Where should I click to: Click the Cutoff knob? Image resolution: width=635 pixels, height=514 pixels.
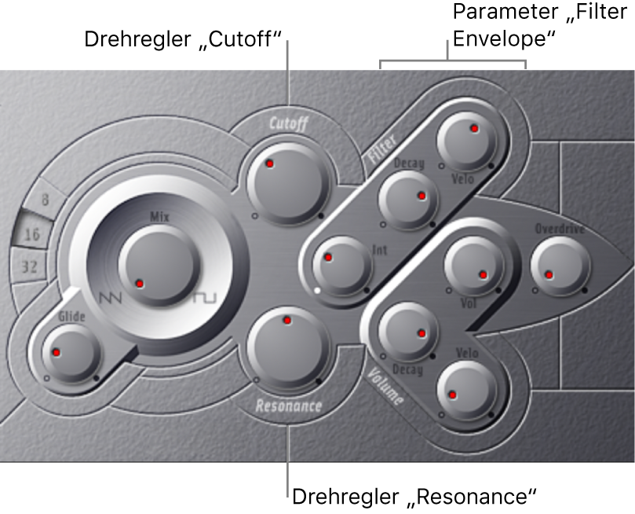pos(286,183)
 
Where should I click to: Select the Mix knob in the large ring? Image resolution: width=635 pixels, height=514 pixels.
pos(159,266)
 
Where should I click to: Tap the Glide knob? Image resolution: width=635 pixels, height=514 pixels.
pos(71,353)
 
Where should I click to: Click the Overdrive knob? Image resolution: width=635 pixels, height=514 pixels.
pos(560,266)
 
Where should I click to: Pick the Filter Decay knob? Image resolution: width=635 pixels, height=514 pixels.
pos(408,200)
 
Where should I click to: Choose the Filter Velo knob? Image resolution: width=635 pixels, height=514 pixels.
pos(466,141)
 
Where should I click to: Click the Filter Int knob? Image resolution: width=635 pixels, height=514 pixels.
pos(341,266)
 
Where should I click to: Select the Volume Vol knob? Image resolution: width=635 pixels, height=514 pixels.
pos(474,266)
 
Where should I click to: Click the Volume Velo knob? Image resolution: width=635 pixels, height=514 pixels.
pos(466,391)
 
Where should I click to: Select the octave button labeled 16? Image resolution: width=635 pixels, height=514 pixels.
pos(32,233)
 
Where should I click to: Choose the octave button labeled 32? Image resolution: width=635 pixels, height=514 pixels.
pos(29,266)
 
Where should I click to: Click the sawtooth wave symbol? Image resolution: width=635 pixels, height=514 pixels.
pos(110,299)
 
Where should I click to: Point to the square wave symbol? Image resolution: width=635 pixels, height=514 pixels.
pos(205,298)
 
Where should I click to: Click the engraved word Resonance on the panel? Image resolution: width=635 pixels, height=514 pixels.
pos(289,406)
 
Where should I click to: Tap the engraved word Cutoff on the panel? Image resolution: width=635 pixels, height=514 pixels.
pos(289,123)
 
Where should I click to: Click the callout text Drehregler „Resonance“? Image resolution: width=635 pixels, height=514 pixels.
pos(414,497)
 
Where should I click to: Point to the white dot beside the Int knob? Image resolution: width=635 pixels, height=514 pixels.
pos(317,290)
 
